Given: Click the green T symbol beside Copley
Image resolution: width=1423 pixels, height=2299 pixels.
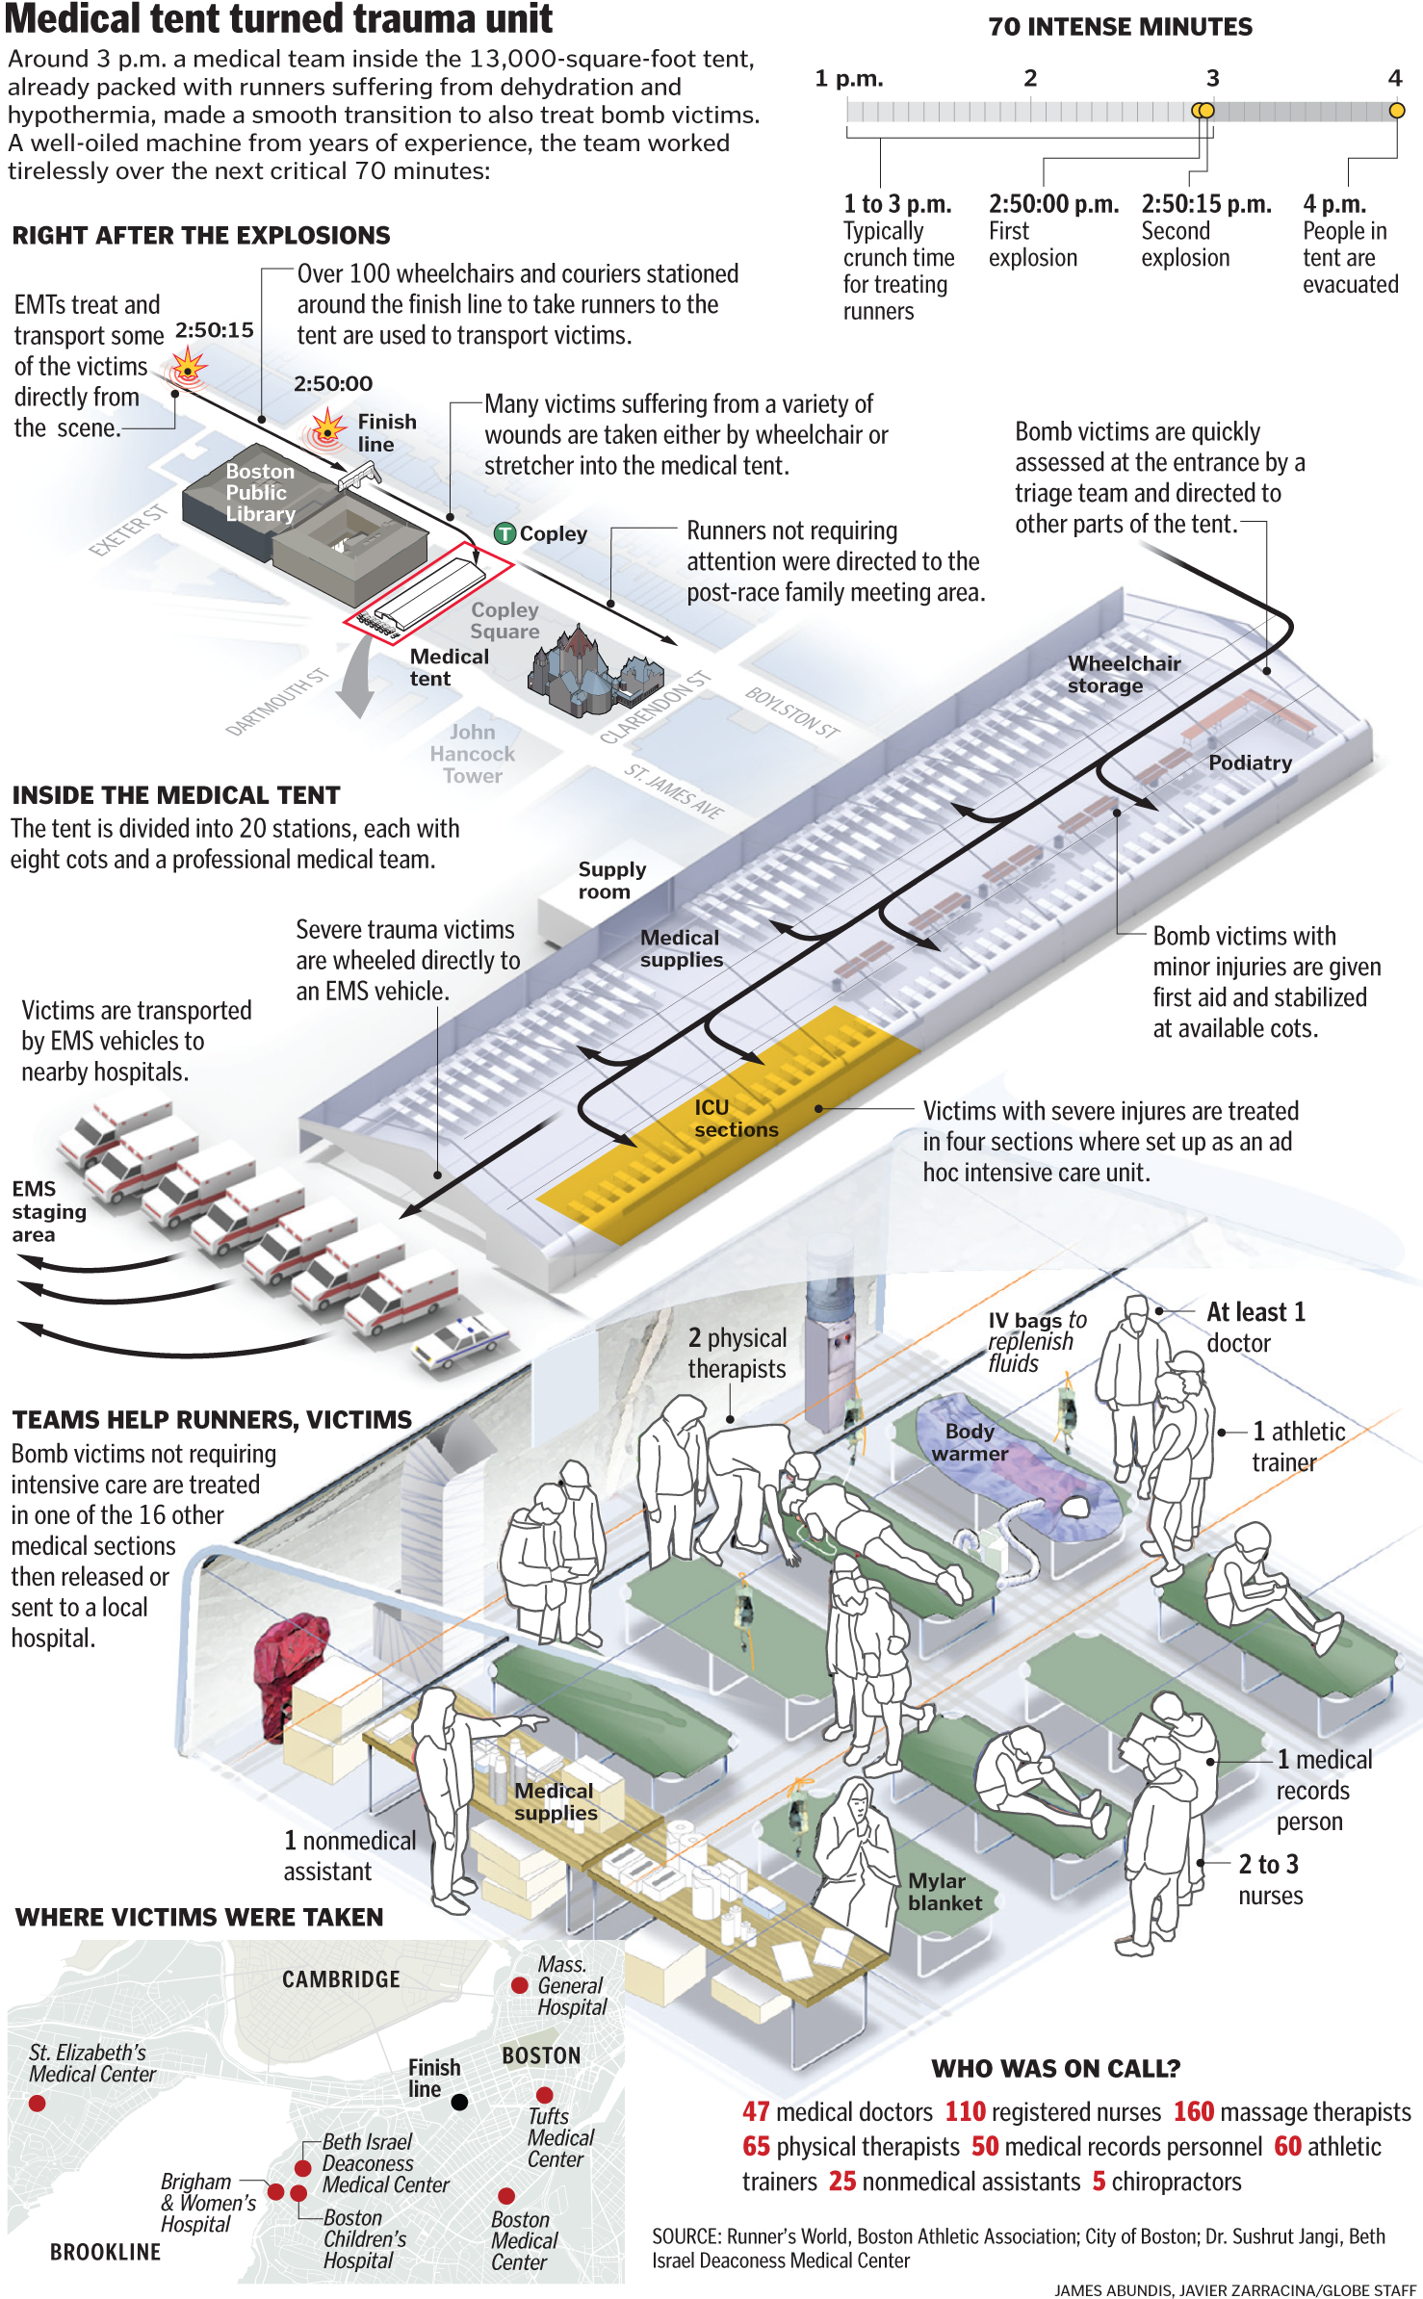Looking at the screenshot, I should (505, 533).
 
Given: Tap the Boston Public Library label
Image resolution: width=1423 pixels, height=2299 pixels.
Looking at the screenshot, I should (260, 492).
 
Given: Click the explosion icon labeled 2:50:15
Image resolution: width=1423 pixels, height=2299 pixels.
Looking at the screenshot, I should (188, 367).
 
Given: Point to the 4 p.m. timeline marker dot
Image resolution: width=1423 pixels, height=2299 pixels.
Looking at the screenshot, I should (1396, 111).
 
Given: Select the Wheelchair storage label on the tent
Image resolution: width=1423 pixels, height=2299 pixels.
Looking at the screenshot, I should (1123, 674).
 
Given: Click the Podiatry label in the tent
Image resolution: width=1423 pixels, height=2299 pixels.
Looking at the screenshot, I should (1250, 762).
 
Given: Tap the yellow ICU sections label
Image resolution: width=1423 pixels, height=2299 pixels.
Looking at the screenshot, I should (736, 1118).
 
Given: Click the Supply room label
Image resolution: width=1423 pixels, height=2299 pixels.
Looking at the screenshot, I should (611, 880).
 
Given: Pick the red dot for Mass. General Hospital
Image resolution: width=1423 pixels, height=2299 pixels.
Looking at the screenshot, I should (519, 1984).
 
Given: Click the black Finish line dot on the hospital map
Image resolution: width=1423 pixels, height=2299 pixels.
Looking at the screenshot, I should (459, 2102).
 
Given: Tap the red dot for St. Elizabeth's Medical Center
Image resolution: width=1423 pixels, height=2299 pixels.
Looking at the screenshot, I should (37, 2104).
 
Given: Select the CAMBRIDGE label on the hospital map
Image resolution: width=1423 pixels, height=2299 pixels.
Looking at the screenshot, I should (341, 1979).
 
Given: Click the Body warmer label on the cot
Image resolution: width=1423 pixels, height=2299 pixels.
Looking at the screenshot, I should (970, 1442).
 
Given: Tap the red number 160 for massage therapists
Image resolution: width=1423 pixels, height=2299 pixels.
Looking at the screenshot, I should (1193, 2111).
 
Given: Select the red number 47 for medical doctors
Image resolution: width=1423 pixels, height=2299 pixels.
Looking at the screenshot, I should (756, 2111).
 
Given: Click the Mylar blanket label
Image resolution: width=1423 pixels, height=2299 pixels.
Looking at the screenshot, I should (944, 1892).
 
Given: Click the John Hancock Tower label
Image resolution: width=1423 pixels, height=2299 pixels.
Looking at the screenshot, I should (472, 754).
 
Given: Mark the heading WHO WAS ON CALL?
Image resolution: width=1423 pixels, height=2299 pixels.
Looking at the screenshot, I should (1055, 2068).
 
